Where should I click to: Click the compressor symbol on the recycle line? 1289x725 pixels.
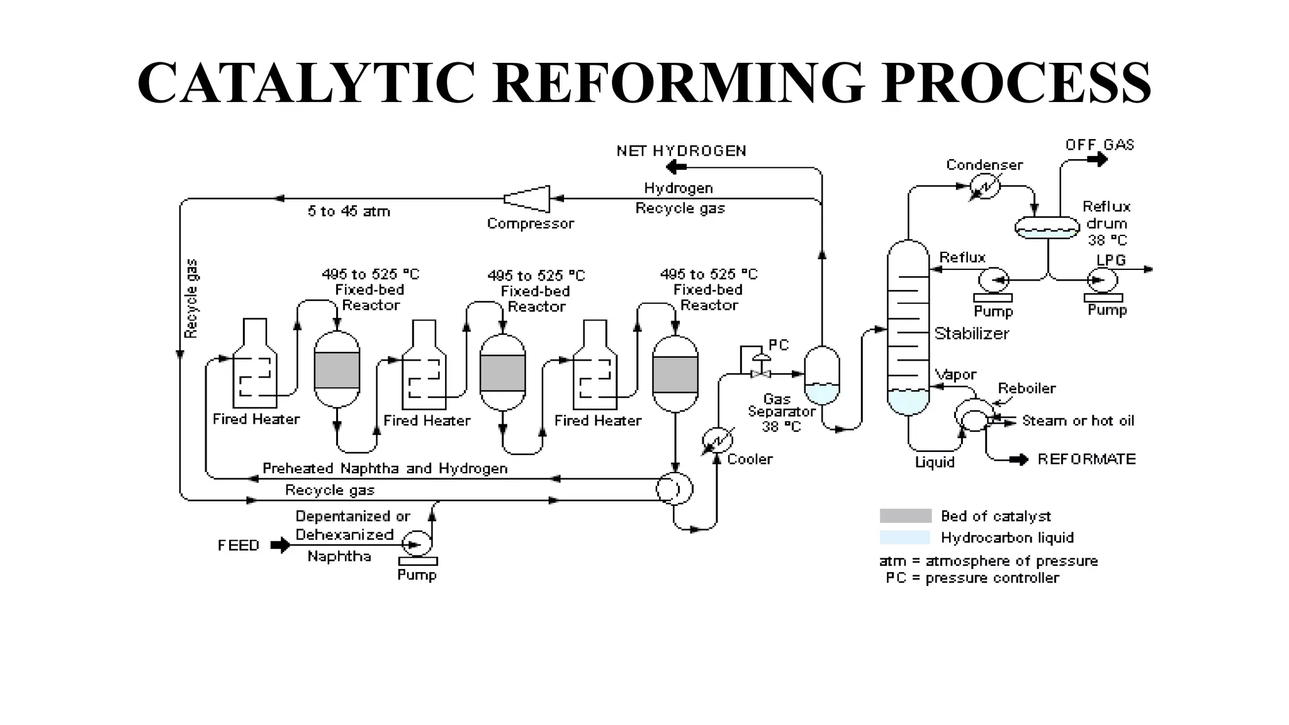[x=527, y=199]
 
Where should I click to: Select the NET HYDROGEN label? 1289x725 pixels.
[x=681, y=151]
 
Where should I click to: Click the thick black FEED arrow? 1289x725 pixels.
[x=280, y=545]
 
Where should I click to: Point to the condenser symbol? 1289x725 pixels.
[x=985, y=186]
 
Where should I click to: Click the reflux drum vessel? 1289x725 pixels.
[x=1047, y=227]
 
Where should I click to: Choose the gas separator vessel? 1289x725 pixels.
[x=822, y=375]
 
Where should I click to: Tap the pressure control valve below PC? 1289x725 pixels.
[x=761, y=374]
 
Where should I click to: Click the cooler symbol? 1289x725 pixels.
[x=718, y=441]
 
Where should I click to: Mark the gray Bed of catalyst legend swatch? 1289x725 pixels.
[x=905, y=516]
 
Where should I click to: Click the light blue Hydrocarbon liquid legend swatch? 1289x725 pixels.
[x=905, y=537]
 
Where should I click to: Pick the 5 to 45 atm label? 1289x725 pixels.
[x=349, y=211]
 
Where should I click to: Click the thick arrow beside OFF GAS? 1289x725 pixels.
[x=1097, y=160]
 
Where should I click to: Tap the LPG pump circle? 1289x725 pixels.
[x=1103, y=279]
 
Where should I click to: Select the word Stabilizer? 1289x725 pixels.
[x=971, y=334]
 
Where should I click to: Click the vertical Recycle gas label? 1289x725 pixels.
[x=191, y=299]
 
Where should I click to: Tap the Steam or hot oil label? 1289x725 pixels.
[x=1078, y=421]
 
